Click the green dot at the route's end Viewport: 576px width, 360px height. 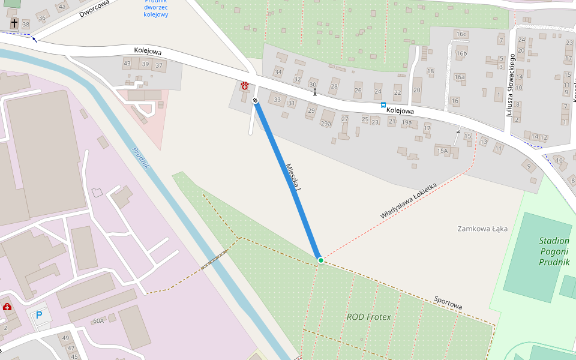coord(321,260)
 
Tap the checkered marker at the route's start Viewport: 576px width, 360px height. coord(256,101)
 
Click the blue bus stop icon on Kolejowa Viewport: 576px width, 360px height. coord(383,105)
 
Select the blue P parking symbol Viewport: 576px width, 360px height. coord(40,315)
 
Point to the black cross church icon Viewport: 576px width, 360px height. coord(14,23)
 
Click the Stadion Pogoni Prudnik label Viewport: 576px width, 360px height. coord(554,251)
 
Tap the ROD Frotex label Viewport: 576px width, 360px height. coord(368,317)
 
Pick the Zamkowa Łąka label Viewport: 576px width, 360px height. coord(482,229)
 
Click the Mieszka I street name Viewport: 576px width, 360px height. coord(293,178)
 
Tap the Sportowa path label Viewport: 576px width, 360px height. coord(448,303)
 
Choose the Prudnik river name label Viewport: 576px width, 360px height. coord(139,158)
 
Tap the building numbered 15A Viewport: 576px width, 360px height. coord(443,151)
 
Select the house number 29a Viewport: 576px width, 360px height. coord(326,124)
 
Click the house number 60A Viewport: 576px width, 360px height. coord(98,321)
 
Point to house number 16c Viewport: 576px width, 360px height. coord(461,34)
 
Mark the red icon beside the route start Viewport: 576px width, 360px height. coord(245,86)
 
